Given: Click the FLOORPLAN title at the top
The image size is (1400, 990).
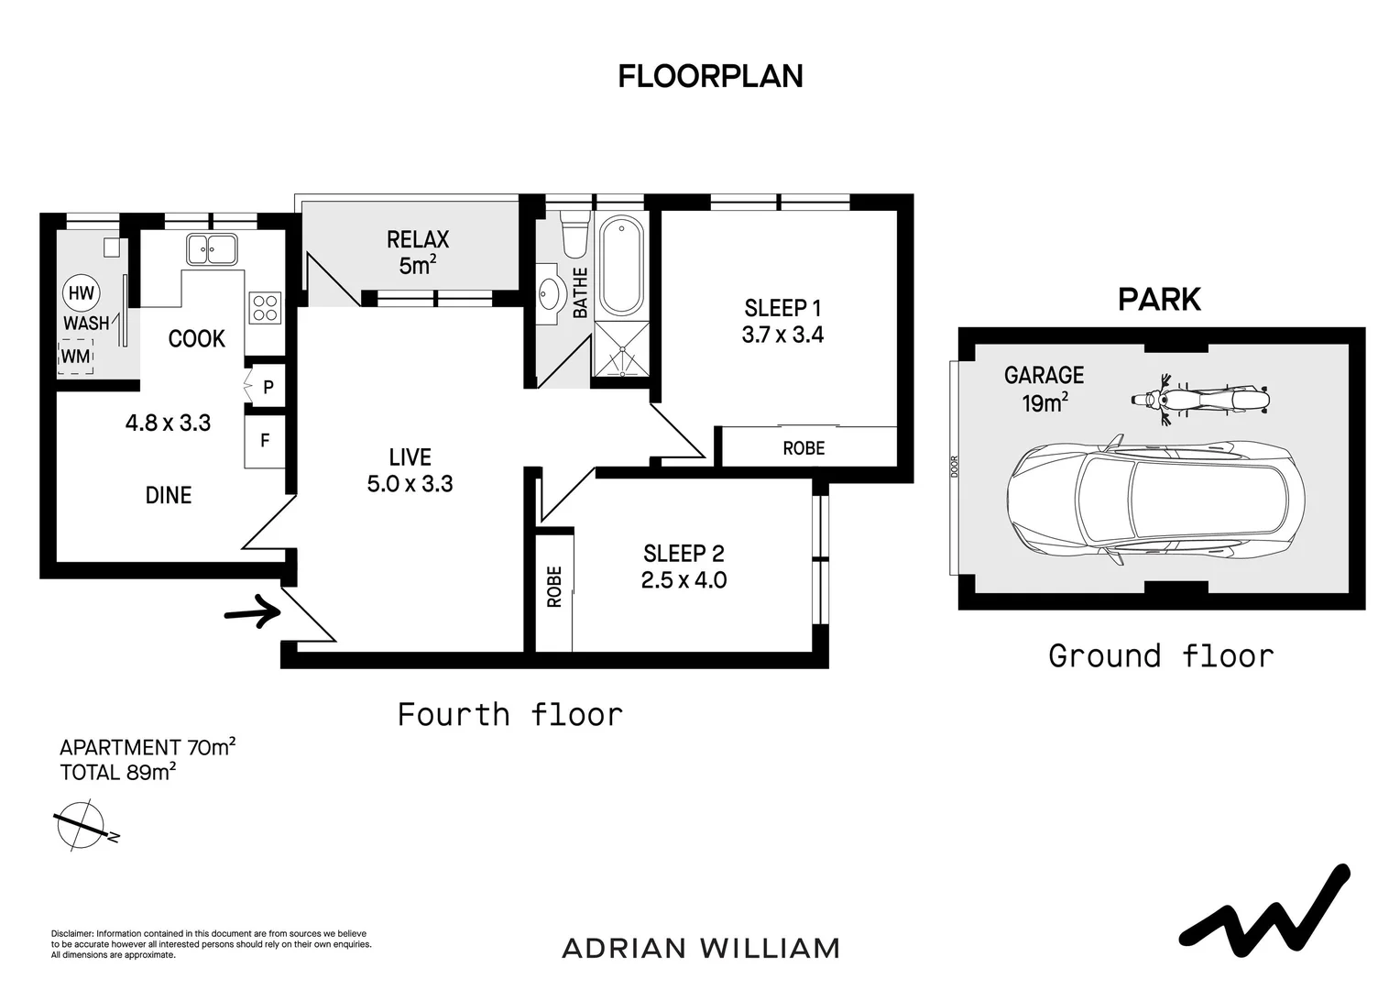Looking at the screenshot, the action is [x=710, y=76].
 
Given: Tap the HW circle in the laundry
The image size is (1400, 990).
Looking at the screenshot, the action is [x=82, y=292].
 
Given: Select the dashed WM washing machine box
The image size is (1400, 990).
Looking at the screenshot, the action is [x=76, y=357].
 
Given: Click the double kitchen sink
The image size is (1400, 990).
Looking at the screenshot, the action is [x=212, y=249].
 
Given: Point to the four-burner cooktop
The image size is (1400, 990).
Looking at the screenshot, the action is [x=265, y=308].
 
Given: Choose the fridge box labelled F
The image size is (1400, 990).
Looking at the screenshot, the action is [x=265, y=442].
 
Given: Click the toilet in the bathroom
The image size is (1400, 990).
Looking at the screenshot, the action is [x=575, y=233].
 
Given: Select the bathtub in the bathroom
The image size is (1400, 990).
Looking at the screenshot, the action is [x=621, y=267].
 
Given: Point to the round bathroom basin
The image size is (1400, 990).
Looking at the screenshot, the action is [x=551, y=293].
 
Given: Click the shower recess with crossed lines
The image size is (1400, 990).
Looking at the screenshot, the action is [x=621, y=349].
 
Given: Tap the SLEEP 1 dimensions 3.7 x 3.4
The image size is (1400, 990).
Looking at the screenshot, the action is [x=782, y=335].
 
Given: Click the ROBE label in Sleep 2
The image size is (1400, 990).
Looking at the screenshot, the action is [x=554, y=587].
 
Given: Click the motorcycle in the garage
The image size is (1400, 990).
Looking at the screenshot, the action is [x=1200, y=400].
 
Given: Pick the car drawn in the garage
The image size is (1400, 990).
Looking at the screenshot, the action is [x=1155, y=500].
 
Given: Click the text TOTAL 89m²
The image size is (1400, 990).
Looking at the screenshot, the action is [x=117, y=773].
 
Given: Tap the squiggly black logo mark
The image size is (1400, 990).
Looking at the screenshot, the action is [x=1265, y=921].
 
